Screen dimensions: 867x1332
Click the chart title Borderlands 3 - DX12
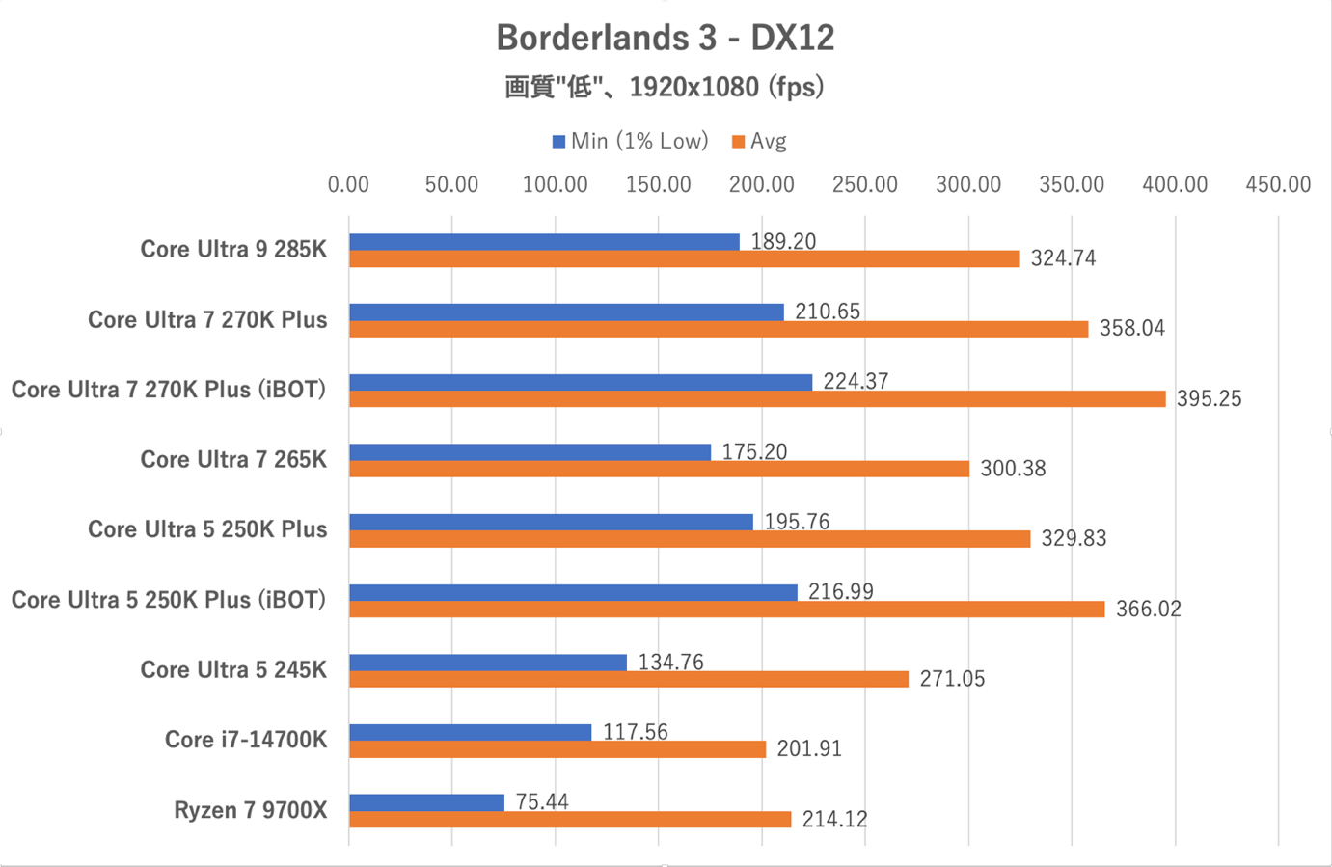pos(665,38)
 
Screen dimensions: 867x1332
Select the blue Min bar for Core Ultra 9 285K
pos(544,242)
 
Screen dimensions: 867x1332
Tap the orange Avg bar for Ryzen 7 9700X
pos(570,819)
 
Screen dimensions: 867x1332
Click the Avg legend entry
pos(760,142)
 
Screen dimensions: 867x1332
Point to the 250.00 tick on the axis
pos(864,184)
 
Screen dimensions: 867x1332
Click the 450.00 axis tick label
pos(1277,184)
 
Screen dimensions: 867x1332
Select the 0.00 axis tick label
pos(348,184)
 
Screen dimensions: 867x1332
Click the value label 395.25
pos(1209,398)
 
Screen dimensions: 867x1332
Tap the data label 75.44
pos(542,801)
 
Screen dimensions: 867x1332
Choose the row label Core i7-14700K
pos(246,740)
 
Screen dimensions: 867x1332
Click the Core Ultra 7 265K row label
pos(233,459)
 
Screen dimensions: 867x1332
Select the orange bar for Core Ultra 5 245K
pos(629,679)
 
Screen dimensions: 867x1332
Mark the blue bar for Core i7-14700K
pos(470,732)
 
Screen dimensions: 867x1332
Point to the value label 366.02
pos(1148,609)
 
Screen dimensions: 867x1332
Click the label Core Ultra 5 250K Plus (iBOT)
pos(169,600)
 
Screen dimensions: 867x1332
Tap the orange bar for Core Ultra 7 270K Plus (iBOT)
pos(757,398)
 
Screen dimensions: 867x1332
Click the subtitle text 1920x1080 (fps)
pos(726,88)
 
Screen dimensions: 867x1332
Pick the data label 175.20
pos(754,451)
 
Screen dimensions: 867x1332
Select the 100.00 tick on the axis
pos(555,184)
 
